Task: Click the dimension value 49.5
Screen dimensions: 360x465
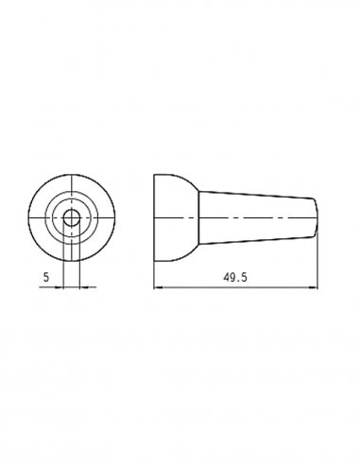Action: [x=235, y=277]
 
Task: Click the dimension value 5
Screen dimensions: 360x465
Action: [x=46, y=277]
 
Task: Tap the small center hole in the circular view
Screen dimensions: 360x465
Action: [x=72, y=217]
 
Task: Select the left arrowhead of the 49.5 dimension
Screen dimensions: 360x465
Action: [x=157, y=287]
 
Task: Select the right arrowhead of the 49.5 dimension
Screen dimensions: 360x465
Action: [x=314, y=287]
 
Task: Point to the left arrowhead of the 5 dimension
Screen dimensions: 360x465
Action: [x=60, y=287]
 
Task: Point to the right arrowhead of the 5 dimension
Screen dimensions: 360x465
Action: [x=84, y=287]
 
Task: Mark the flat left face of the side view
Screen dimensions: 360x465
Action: [x=154, y=217]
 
